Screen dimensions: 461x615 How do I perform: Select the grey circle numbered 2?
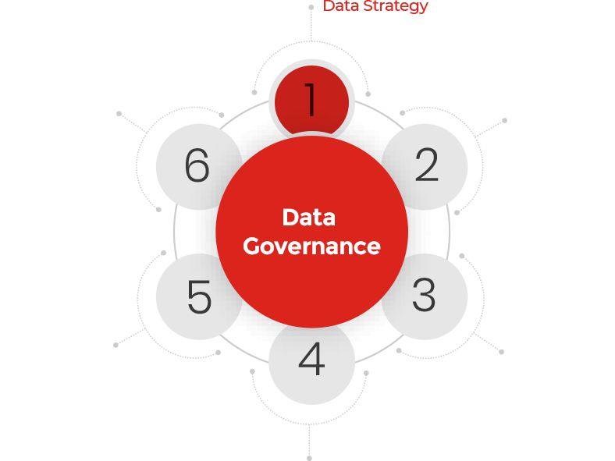[x=426, y=166]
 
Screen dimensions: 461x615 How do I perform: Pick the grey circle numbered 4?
[x=311, y=360]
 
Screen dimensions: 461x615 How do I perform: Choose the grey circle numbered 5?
[x=198, y=297]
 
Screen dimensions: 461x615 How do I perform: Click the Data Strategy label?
[x=375, y=6]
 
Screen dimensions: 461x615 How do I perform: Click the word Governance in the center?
[x=311, y=246]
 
